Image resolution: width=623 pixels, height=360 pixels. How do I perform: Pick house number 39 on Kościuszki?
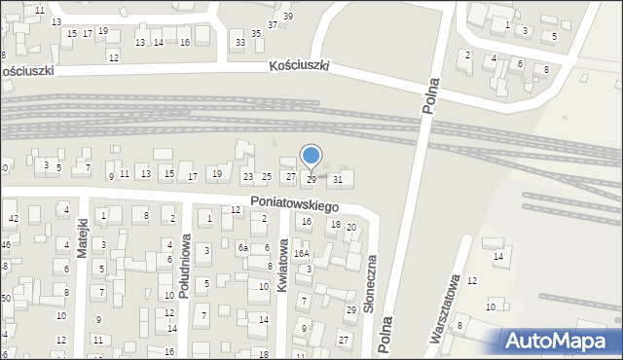click(287, 17)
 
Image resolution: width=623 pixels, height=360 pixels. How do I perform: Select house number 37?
click(273, 24)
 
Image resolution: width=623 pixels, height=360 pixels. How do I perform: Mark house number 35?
click(256, 34)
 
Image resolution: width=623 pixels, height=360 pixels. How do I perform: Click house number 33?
click(239, 43)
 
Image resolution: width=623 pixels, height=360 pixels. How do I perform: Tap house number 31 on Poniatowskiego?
click(338, 179)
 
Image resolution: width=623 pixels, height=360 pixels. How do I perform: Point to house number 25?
click(266, 176)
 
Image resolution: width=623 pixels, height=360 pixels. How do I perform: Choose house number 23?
click(248, 177)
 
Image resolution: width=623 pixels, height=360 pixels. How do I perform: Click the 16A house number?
click(302, 253)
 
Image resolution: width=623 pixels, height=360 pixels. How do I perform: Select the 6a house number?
click(242, 249)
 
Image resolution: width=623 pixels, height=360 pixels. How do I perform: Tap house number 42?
click(13, 218)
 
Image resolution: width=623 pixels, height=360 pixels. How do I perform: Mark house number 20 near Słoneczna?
click(351, 228)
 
